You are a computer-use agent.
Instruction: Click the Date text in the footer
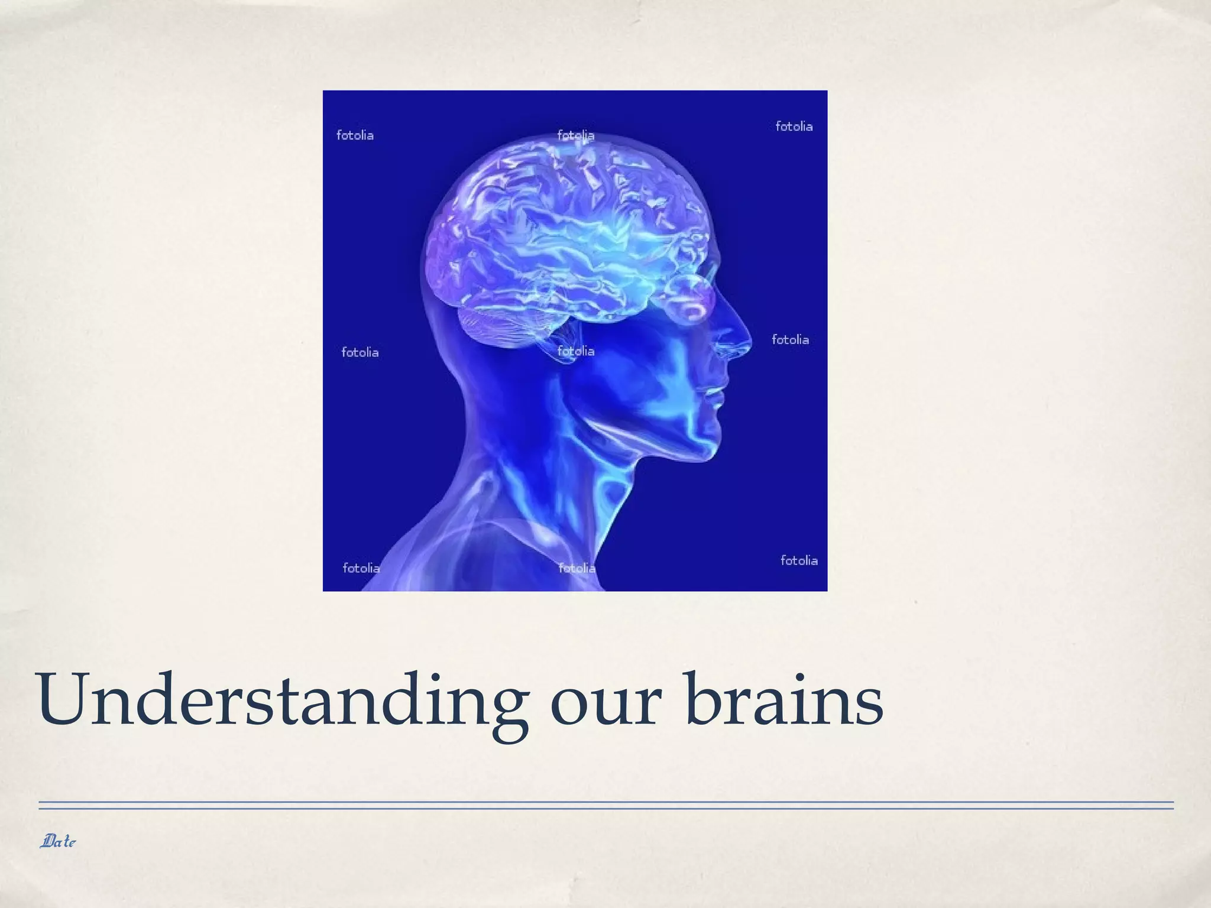[58, 841]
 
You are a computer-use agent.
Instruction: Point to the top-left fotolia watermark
[355, 135]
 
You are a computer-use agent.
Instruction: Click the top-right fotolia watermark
[794, 127]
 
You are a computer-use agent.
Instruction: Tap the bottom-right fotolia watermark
[799, 560]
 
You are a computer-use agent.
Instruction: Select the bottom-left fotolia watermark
[361, 568]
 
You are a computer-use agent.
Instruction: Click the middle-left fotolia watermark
[360, 352]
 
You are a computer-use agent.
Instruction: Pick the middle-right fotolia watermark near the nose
[790, 340]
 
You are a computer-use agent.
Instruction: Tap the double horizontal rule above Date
[605, 805]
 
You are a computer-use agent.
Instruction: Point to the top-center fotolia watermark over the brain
[575, 135]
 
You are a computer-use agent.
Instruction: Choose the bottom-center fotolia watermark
[577, 568]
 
